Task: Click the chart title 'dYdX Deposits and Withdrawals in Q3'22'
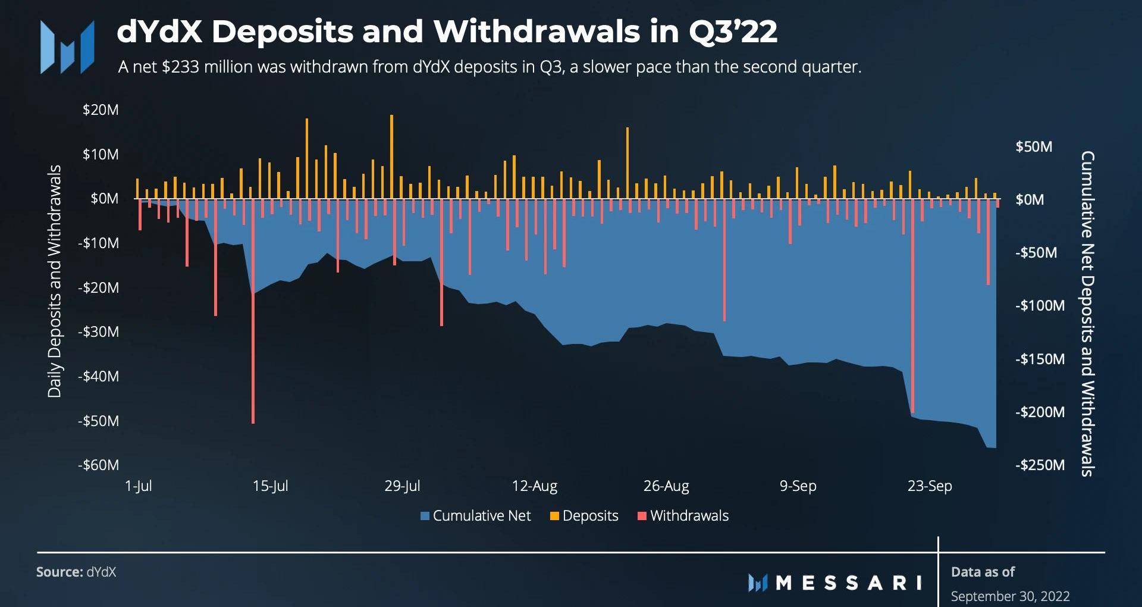(447, 32)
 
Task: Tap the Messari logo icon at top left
(67, 47)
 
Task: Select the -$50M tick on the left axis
(99, 421)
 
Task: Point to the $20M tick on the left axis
(101, 110)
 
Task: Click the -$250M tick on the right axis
(1040, 465)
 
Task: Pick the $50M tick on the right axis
(1034, 147)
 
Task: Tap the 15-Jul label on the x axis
(270, 486)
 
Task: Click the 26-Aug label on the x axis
(666, 486)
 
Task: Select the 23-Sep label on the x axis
(930, 486)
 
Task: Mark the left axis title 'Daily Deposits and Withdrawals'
(55, 281)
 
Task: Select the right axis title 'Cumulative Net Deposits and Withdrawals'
(1087, 314)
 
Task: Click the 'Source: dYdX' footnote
(76, 572)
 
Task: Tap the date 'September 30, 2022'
(1010, 596)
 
